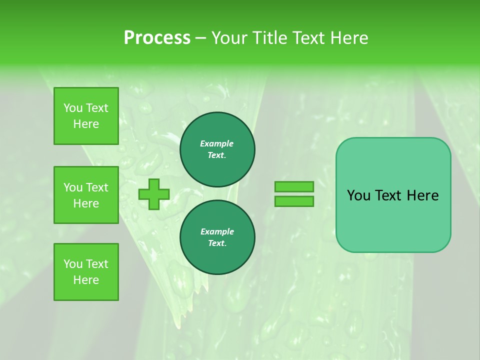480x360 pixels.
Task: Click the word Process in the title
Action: [157, 38]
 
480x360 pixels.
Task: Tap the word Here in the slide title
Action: [346, 38]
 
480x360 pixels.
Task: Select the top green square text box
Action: [86, 116]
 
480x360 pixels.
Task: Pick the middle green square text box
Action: [86, 195]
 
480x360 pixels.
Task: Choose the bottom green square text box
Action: [86, 272]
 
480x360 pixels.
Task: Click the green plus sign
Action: [154, 194]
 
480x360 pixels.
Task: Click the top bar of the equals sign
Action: [294, 186]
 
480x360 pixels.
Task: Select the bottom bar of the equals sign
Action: [294, 201]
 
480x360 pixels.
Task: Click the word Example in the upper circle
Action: [217, 143]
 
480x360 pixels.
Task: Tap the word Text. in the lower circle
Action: [217, 243]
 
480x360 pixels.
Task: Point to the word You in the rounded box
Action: [358, 195]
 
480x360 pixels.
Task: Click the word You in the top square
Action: [73, 108]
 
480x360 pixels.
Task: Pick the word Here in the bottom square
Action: [86, 280]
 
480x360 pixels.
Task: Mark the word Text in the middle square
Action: [97, 187]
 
